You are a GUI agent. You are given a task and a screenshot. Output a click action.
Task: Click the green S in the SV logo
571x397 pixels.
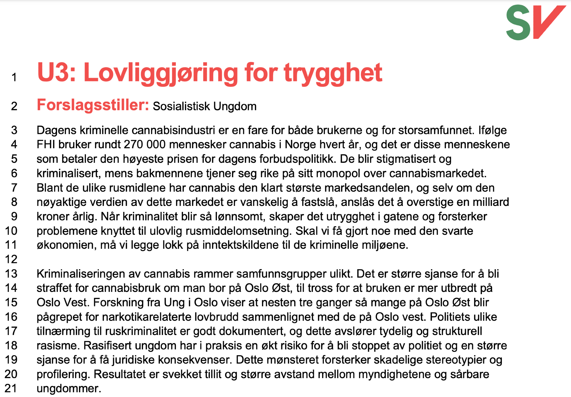pyautogui.click(x=518, y=23)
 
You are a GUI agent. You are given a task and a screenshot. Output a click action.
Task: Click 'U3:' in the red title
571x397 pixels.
pyautogui.click(x=56, y=73)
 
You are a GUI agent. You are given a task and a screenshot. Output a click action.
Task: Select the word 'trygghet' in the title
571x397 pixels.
pyautogui.click(x=333, y=73)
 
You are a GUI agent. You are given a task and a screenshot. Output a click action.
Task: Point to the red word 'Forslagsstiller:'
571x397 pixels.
pyautogui.click(x=93, y=105)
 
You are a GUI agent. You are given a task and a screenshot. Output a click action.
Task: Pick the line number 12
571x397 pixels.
pyautogui.click(x=11, y=259)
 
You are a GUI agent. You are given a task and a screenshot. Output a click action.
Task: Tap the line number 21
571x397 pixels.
pyautogui.click(x=11, y=388)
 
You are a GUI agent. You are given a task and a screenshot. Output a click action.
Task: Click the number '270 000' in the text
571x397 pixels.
pyautogui.click(x=144, y=145)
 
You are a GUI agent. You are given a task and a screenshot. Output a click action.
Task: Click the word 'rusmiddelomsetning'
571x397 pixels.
pyautogui.click(x=238, y=231)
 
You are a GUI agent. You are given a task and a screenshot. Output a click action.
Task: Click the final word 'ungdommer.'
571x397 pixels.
pyautogui.click(x=69, y=389)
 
